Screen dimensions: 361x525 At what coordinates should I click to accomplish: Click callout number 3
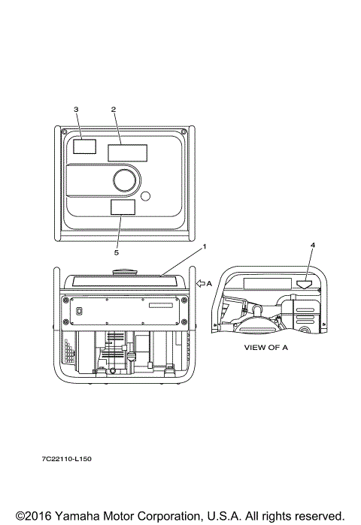pyautogui.click(x=76, y=110)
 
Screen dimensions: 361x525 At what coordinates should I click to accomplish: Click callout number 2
pyautogui.click(x=114, y=110)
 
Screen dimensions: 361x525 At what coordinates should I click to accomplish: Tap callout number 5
pyautogui.click(x=117, y=252)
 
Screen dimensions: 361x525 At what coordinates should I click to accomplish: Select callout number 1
pyautogui.click(x=205, y=247)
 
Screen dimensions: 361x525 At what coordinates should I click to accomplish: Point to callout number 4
pyautogui.click(x=313, y=246)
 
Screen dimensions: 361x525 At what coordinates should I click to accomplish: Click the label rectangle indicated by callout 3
pyautogui.click(x=84, y=146)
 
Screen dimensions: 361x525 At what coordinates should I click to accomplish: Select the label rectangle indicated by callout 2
pyautogui.click(x=127, y=153)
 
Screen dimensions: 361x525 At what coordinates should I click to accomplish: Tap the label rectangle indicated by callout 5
pyautogui.click(x=123, y=207)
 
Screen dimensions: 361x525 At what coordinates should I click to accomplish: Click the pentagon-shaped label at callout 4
pyautogui.click(x=305, y=284)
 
